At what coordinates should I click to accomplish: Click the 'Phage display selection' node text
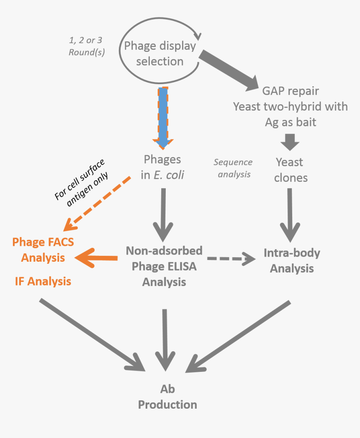159,53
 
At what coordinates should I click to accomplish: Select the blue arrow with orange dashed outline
163,117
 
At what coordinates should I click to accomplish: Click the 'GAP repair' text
290,91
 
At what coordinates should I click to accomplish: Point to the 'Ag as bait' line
290,122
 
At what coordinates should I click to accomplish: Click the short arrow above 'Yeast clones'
290,142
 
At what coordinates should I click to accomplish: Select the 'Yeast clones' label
290,170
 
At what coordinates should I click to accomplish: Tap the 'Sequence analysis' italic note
233,168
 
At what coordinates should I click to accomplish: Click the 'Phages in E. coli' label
162,167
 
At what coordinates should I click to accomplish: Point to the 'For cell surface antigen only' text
82,180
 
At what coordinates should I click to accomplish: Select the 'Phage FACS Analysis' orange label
43,250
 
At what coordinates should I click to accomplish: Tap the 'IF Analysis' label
43,281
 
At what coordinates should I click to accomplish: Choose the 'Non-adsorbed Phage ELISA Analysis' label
164,266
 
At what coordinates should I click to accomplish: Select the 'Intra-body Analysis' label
292,260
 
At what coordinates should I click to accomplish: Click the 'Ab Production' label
167,397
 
